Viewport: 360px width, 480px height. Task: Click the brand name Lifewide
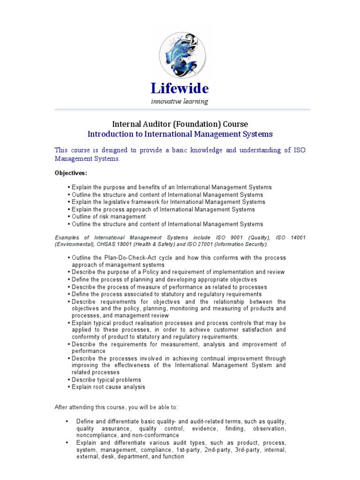(x=180, y=88)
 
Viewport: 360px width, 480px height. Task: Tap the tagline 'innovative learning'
(x=180, y=101)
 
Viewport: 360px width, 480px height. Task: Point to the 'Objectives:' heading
(x=70, y=173)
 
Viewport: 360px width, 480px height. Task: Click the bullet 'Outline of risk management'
(x=109, y=217)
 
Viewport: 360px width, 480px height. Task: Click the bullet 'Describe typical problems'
(x=106, y=380)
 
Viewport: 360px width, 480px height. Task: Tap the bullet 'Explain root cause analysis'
(x=108, y=387)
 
